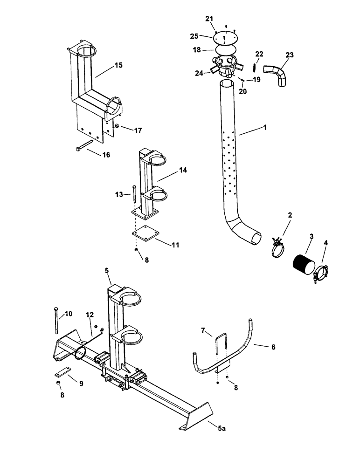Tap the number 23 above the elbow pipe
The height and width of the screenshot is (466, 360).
point(290,55)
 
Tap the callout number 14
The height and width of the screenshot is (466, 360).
point(170,171)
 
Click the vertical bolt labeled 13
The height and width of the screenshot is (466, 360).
point(134,192)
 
